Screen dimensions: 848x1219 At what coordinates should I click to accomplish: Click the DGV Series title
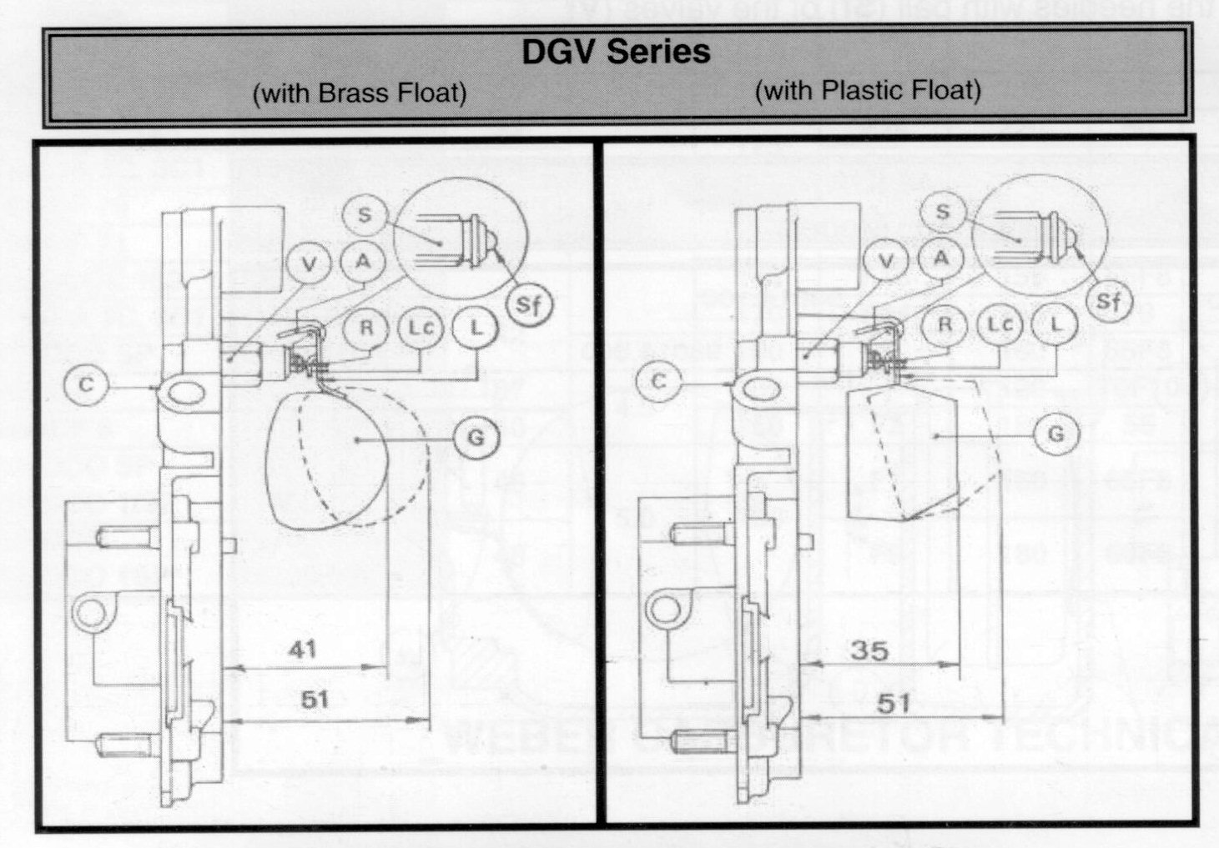(616, 52)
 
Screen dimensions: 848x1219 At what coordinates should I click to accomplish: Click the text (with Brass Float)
(359, 92)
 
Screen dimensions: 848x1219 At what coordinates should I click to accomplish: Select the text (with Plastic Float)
(867, 89)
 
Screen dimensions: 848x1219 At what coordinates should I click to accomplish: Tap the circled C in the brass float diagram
(86, 386)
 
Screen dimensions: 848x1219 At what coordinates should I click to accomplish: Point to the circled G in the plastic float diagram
(1056, 434)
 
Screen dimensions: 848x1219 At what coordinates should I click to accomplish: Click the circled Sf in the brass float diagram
(529, 305)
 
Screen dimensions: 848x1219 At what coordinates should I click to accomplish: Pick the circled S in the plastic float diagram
(943, 212)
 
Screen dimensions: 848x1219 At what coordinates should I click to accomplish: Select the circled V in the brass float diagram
(310, 264)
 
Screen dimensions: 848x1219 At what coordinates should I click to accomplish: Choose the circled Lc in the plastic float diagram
(1000, 324)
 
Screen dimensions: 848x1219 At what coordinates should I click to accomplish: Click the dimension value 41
(302, 649)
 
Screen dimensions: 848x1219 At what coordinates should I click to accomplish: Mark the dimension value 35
(869, 650)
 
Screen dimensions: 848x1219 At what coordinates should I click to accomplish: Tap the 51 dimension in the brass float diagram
(314, 699)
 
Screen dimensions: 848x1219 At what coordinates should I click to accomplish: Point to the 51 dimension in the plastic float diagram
(893, 703)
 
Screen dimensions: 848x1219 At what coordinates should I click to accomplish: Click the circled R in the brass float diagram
(365, 328)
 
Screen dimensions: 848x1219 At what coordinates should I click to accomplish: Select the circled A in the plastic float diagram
(941, 258)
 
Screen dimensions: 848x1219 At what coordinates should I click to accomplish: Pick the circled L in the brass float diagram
(476, 328)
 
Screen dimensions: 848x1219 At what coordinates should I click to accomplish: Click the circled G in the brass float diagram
(476, 437)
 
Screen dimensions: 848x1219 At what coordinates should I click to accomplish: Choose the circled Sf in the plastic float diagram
(1109, 301)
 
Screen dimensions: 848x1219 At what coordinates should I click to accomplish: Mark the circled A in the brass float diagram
(363, 261)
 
